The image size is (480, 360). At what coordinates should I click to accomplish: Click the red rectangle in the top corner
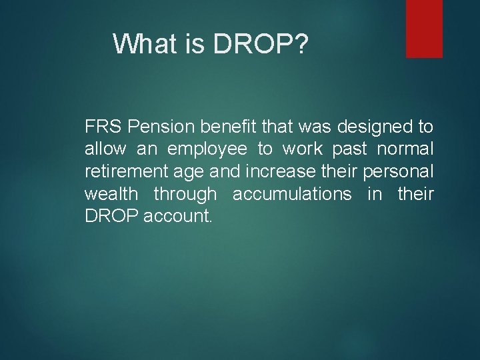[x=424, y=28]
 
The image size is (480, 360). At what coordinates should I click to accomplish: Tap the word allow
[x=103, y=149]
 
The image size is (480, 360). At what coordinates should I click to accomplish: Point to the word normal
[x=406, y=149]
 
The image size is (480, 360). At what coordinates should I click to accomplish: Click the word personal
[x=398, y=172]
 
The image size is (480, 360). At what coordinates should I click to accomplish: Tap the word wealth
[x=111, y=195]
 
